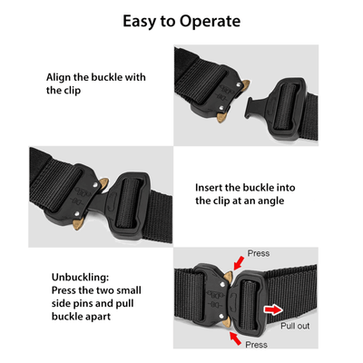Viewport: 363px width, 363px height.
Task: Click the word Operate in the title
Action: click(206, 21)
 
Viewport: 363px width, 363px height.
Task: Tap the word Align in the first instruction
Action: click(62, 77)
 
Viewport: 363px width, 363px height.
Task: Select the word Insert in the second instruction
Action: click(212, 187)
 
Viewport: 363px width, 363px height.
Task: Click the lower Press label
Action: click(257, 346)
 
